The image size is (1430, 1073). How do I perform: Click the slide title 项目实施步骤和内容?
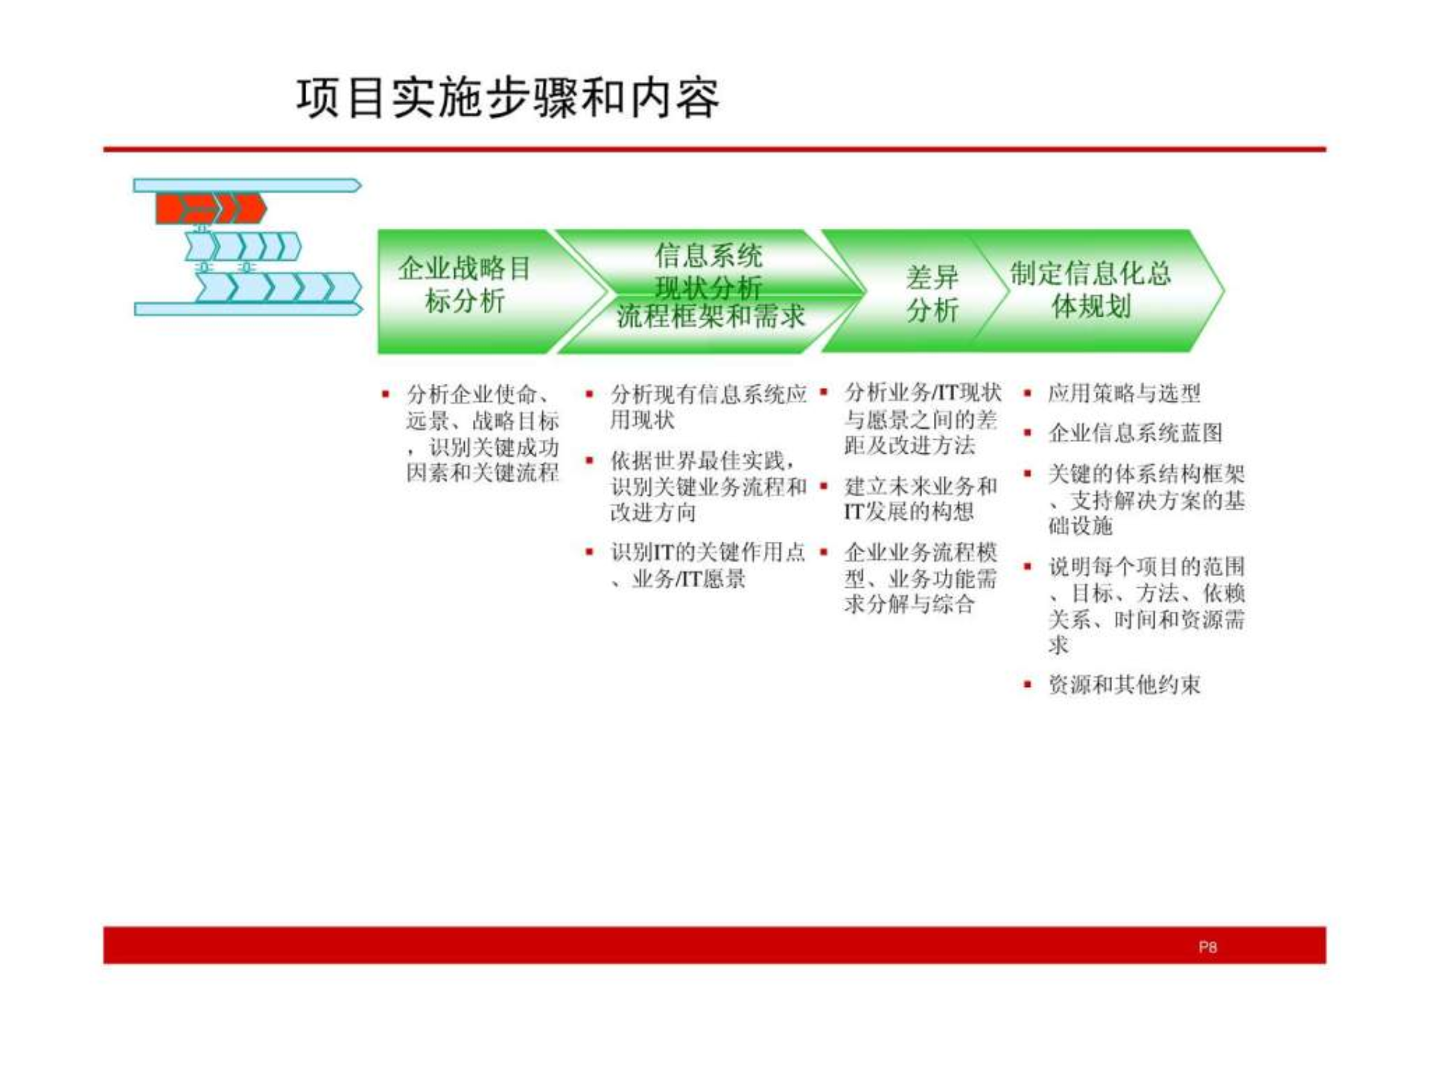click(x=508, y=98)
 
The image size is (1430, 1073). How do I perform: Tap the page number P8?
click(x=1207, y=947)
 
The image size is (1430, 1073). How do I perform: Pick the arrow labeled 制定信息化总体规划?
click(x=1090, y=290)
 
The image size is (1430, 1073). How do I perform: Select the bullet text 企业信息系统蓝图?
click(x=1135, y=433)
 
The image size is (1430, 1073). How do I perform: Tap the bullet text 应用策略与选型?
click(x=1124, y=393)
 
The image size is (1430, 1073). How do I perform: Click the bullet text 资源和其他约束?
click(x=1124, y=685)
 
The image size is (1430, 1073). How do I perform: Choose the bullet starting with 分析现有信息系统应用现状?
click(x=708, y=406)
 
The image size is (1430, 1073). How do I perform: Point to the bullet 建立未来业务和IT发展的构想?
click(x=920, y=498)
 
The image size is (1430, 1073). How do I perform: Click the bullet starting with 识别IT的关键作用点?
click(x=708, y=565)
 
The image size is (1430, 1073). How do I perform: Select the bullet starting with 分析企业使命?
click(x=483, y=433)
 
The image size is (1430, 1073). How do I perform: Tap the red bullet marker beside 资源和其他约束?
click(x=1028, y=684)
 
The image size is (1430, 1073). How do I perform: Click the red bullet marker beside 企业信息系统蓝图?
click(x=1028, y=432)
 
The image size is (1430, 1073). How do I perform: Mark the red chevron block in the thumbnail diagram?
click(x=210, y=209)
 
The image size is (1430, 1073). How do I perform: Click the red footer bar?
click(x=714, y=945)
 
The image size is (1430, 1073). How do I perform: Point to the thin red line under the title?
click(x=714, y=150)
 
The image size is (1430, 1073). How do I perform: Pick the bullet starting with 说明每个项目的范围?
click(x=1145, y=605)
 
